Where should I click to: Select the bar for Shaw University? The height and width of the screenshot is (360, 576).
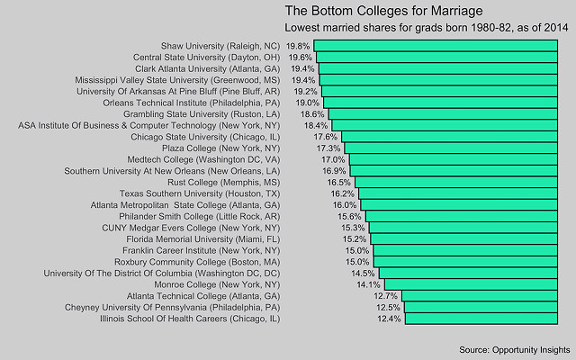pos(441,45)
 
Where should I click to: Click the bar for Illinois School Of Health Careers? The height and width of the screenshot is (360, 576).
pos(486,318)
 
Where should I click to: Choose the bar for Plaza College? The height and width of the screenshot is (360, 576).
pos(455,148)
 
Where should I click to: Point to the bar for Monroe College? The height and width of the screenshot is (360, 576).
pos(476,283)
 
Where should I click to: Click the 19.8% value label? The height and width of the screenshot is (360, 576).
pos(298,45)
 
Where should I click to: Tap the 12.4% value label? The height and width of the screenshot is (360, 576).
pos(389,318)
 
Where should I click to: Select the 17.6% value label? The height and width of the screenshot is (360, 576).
pos(326,137)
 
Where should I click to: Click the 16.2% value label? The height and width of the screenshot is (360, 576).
pos(342,193)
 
